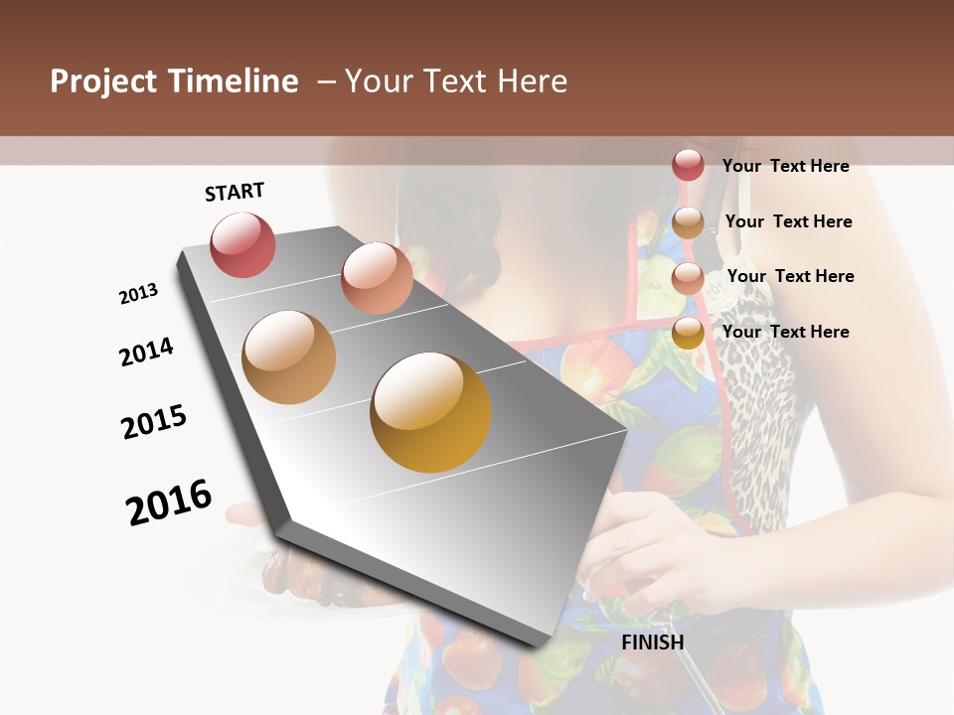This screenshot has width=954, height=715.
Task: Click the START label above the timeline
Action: [235, 192]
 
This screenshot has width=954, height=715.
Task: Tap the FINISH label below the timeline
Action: [652, 643]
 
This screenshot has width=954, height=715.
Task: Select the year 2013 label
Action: [139, 294]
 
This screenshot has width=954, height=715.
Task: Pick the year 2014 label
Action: [146, 353]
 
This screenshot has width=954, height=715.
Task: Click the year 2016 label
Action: [169, 501]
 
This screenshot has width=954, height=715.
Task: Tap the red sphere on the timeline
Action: [242, 244]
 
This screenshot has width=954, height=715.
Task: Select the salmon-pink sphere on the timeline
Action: [377, 277]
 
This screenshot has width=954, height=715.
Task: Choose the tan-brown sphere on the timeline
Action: [288, 357]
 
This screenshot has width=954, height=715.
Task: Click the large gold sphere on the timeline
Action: [430, 412]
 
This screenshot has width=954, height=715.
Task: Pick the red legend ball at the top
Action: [688, 166]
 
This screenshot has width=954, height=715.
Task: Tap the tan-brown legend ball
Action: [688, 222]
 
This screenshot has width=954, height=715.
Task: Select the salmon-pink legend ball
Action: [688, 277]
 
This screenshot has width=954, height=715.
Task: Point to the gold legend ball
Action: [688, 333]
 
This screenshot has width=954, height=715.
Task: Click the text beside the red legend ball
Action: [785, 167]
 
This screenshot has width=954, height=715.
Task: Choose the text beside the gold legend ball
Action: [785, 332]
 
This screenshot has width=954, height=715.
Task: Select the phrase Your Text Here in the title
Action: [456, 81]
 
